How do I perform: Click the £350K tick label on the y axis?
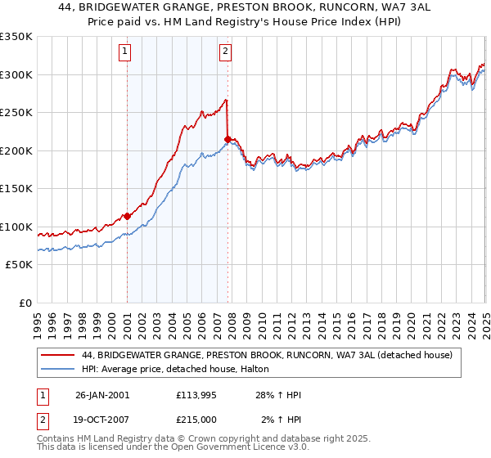tap(16, 37)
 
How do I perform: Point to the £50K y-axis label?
tap(19, 265)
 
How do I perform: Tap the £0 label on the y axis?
tap(26, 303)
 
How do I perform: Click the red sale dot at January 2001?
tap(128, 217)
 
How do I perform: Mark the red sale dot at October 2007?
tap(227, 140)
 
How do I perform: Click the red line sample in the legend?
tap(58, 355)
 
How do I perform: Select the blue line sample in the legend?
tap(58, 370)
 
